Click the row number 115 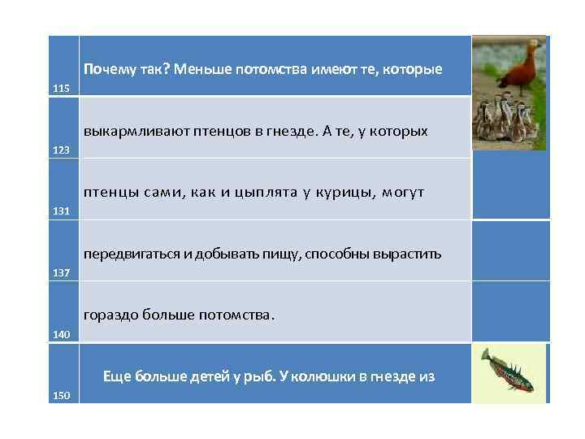(x=62, y=88)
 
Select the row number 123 (x=62, y=150)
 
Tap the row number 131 (x=62, y=211)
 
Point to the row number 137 (x=62, y=273)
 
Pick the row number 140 (x=62, y=334)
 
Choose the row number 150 (x=62, y=396)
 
